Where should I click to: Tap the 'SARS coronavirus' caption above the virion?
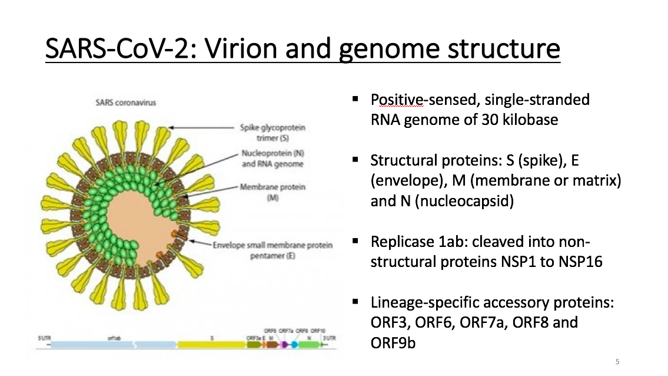(125, 103)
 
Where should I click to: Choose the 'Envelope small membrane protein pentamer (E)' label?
(273, 249)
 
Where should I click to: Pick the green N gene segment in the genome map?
(308, 345)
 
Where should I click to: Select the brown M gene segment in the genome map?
(271, 345)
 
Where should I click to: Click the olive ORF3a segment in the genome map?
(252, 345)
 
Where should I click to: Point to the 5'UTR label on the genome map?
(44, 338)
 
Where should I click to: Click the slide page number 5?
(617, 361)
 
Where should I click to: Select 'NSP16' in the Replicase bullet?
(580, 261)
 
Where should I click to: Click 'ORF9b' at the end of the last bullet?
(393, 342)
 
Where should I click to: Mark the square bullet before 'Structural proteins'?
(355, 160)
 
